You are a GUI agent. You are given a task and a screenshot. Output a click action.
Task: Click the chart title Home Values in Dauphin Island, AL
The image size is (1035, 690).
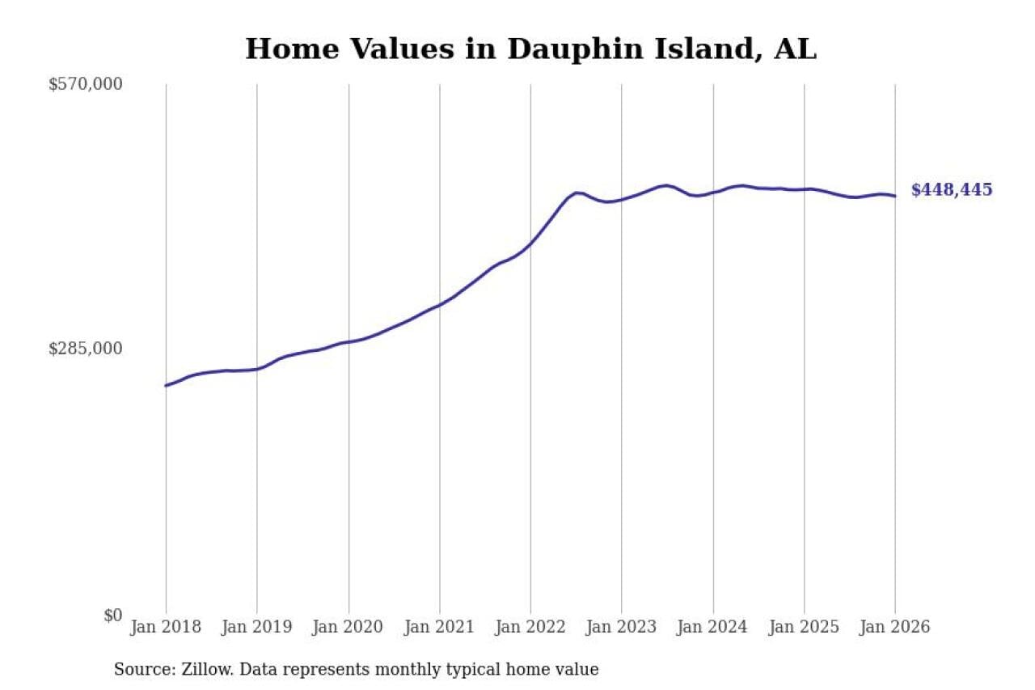pyautogui.click(x=530, y=49)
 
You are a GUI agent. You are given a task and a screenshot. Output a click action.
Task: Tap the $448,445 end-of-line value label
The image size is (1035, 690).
pyautogui.click(x=951, y=190)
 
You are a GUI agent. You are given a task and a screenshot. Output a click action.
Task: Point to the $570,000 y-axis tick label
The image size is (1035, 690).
pyautogui.click(x=85, y=84)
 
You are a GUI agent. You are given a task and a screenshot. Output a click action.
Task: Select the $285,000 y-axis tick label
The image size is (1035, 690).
pyautogui.click(x=85, y=349)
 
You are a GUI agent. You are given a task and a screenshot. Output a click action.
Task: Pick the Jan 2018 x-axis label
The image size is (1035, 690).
pyautogui.click(x=166, y=628)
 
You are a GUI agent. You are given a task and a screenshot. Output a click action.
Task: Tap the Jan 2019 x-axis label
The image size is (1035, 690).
pyautogui.click(x=257, y=628)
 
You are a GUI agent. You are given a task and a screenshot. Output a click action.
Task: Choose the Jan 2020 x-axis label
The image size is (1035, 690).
pyautogui.click(x=349, y=628)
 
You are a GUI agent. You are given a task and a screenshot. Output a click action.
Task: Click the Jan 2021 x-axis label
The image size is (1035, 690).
pyautogui.click(x=440, y=628)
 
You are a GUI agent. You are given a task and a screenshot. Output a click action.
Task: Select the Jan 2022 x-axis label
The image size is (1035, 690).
pyautogui.click(x=530, y=628)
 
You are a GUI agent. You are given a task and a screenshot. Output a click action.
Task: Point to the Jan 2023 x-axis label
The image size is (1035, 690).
pyautogui.click(x=622, y=628)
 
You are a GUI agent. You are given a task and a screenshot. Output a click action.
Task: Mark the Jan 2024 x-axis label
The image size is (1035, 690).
pyautogui.click(x=713, y=628)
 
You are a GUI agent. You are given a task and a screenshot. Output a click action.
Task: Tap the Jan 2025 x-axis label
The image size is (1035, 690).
pyautogui.click(x=805, y=628)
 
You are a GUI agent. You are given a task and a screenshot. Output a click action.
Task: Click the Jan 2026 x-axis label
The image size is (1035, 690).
pyautogui.click(x=895, y=628)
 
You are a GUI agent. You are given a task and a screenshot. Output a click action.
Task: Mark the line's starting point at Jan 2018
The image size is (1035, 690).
pyautogui.click(x=166, y=386)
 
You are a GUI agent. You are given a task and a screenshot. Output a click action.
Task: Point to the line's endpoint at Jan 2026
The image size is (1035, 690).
pyautogui.click(x=895, y=196)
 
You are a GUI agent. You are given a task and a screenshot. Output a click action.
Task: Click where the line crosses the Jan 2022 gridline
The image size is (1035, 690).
pyautogui.click(x=530, y=243)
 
